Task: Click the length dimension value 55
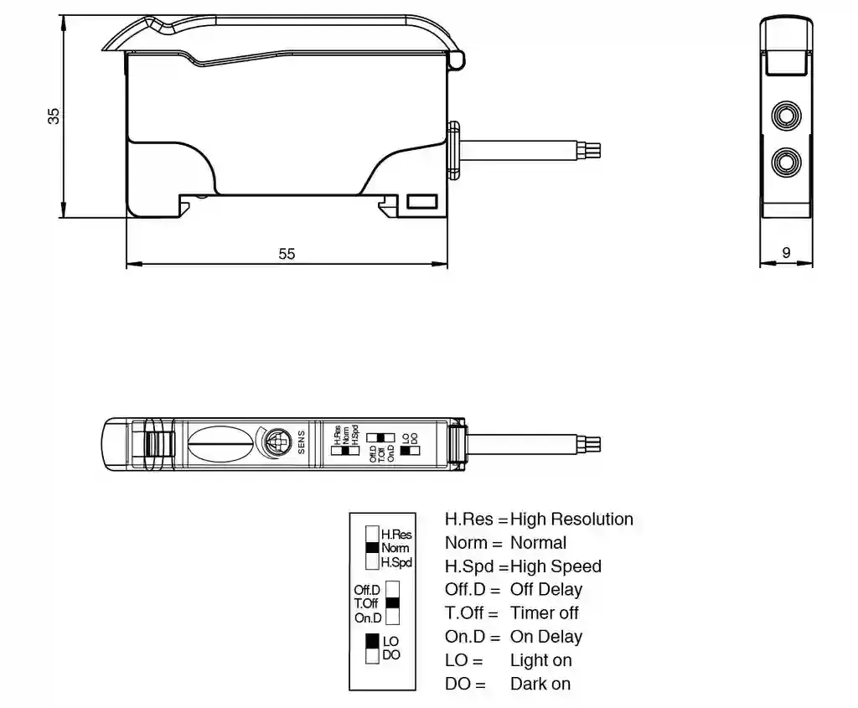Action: click(287, 253)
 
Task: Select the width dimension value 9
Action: click(786, 252)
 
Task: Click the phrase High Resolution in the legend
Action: click(571, 519)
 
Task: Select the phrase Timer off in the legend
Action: click(544, 613)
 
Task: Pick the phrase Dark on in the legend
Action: click(540, 684)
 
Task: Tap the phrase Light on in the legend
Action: click(540, 660)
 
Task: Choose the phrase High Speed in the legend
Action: click(556, 566)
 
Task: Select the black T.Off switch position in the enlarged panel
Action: click(392, 602)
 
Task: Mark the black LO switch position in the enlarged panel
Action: click(372, 642)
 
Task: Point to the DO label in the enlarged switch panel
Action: click(391, 655)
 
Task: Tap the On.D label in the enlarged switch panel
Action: click(368, 618)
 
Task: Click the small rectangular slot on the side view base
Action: click(421, 201)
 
